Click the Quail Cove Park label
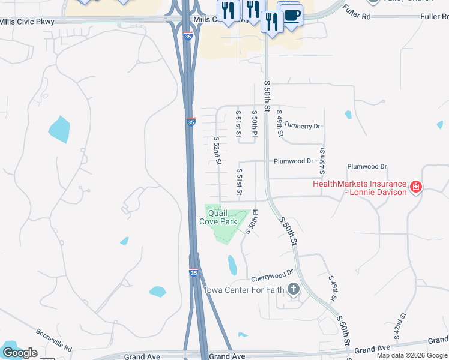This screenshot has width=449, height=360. pos(222,217)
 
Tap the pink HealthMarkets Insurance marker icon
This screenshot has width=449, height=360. pos(415,188)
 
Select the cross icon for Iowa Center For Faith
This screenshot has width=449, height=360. pos(294,290)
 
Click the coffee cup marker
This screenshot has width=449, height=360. pos(292,15)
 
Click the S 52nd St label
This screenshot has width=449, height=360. pos(218,151)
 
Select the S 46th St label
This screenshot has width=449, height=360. pos(322,160)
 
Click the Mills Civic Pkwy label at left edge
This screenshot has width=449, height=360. pos(27,22)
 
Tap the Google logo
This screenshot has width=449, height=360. pos(20,352)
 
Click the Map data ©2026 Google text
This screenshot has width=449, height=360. pos(412,355)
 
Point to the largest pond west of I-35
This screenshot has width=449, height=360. pos(59,128)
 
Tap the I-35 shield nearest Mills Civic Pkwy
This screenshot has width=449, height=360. pos(188,37)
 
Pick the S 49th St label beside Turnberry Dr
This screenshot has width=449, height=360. pos(279,122)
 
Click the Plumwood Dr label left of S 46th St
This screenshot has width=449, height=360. pos(294,161)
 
